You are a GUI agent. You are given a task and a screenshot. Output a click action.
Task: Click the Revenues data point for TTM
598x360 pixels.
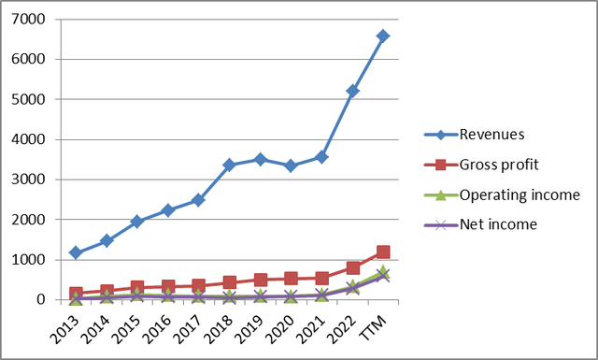tap(383, 36)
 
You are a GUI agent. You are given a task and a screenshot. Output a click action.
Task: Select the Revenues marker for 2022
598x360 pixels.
tap(352, 91)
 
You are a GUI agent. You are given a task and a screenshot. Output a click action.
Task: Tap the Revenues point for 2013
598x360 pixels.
tap(75, 252)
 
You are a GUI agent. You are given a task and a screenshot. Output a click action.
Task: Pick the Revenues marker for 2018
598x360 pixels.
tap(229, 165)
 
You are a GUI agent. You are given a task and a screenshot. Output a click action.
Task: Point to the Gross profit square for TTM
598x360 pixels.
tap(383, 252)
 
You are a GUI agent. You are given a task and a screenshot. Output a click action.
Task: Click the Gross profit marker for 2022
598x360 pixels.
tap(352, 267)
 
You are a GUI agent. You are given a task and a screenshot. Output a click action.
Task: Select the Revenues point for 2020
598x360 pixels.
tap(291, 166)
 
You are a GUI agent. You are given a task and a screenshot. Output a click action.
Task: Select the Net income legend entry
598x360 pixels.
tap(496, 224)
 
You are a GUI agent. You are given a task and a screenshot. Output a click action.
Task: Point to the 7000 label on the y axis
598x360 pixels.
tap(32, 19)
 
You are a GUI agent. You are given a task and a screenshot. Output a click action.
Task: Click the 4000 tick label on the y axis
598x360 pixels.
tap(32, 139)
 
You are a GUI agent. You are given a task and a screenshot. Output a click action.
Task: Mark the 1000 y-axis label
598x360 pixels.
tap(32, 260)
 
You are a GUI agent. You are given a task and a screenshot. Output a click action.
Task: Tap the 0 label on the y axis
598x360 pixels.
tap(43, 300)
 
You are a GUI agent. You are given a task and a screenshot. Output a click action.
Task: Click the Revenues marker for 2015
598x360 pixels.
tap(136, 222)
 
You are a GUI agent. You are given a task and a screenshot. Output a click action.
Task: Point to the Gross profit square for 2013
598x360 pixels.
tap(75, 294)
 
